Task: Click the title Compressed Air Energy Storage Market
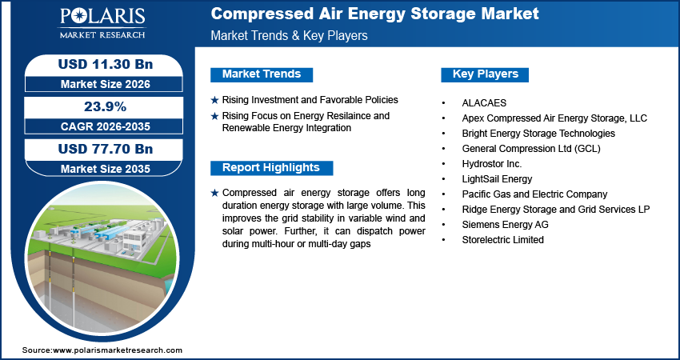coord(374,14)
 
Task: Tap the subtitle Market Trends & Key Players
coord(289,36)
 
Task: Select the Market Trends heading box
coord(261,74)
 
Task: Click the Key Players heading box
coord(485,74)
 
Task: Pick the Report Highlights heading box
coord(271,168)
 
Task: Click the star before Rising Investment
coord(214,101)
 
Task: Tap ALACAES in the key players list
coord(484,102)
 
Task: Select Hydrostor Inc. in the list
coord(491,164)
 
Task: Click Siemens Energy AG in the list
coord(505,225)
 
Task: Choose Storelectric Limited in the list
coord(502,240)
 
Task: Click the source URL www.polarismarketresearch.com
coord(118,350)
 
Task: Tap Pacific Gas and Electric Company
coord(534,194)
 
